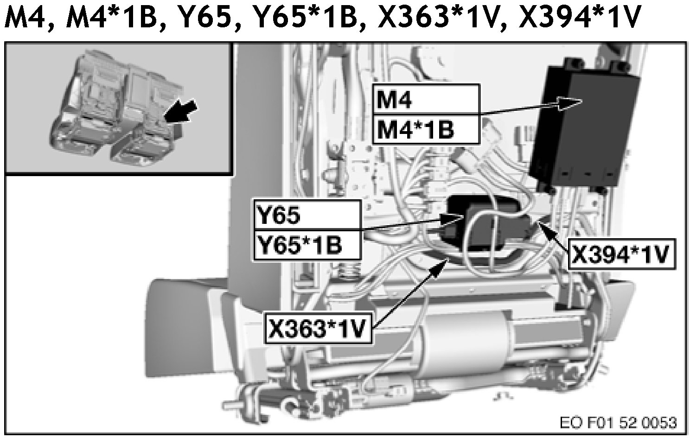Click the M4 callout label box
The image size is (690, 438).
click(x=425, y=100)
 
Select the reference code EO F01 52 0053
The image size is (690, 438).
click(x=618, y=422)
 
